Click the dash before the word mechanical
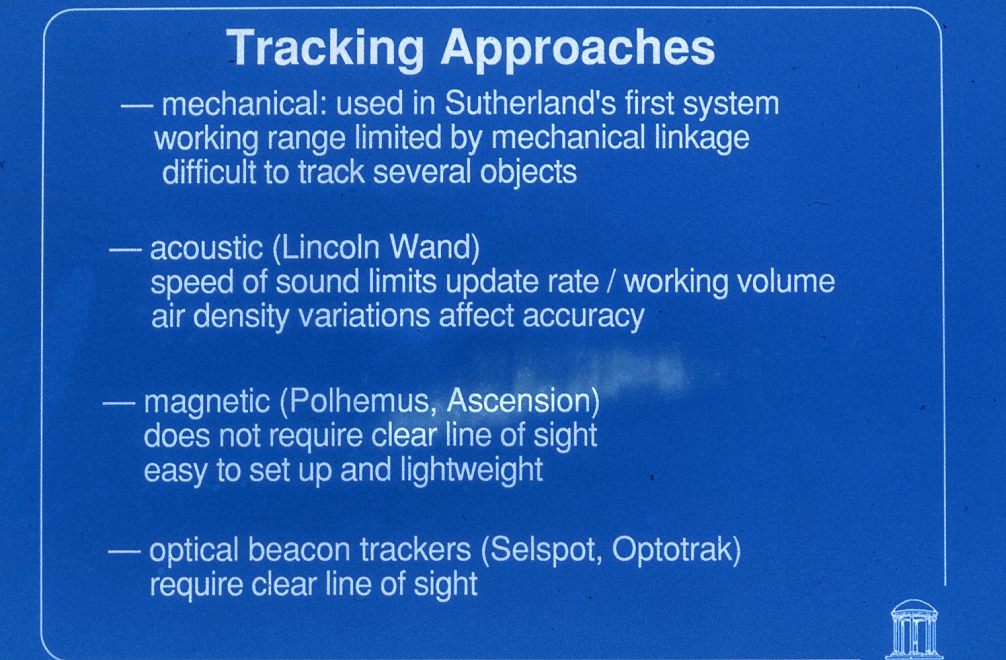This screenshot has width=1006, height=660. [137, 106]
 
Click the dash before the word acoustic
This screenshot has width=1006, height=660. [126, 250]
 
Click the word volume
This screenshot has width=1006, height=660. [786, 282]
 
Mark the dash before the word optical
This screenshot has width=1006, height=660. [124, 551]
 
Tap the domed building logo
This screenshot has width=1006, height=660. [914, 629]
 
